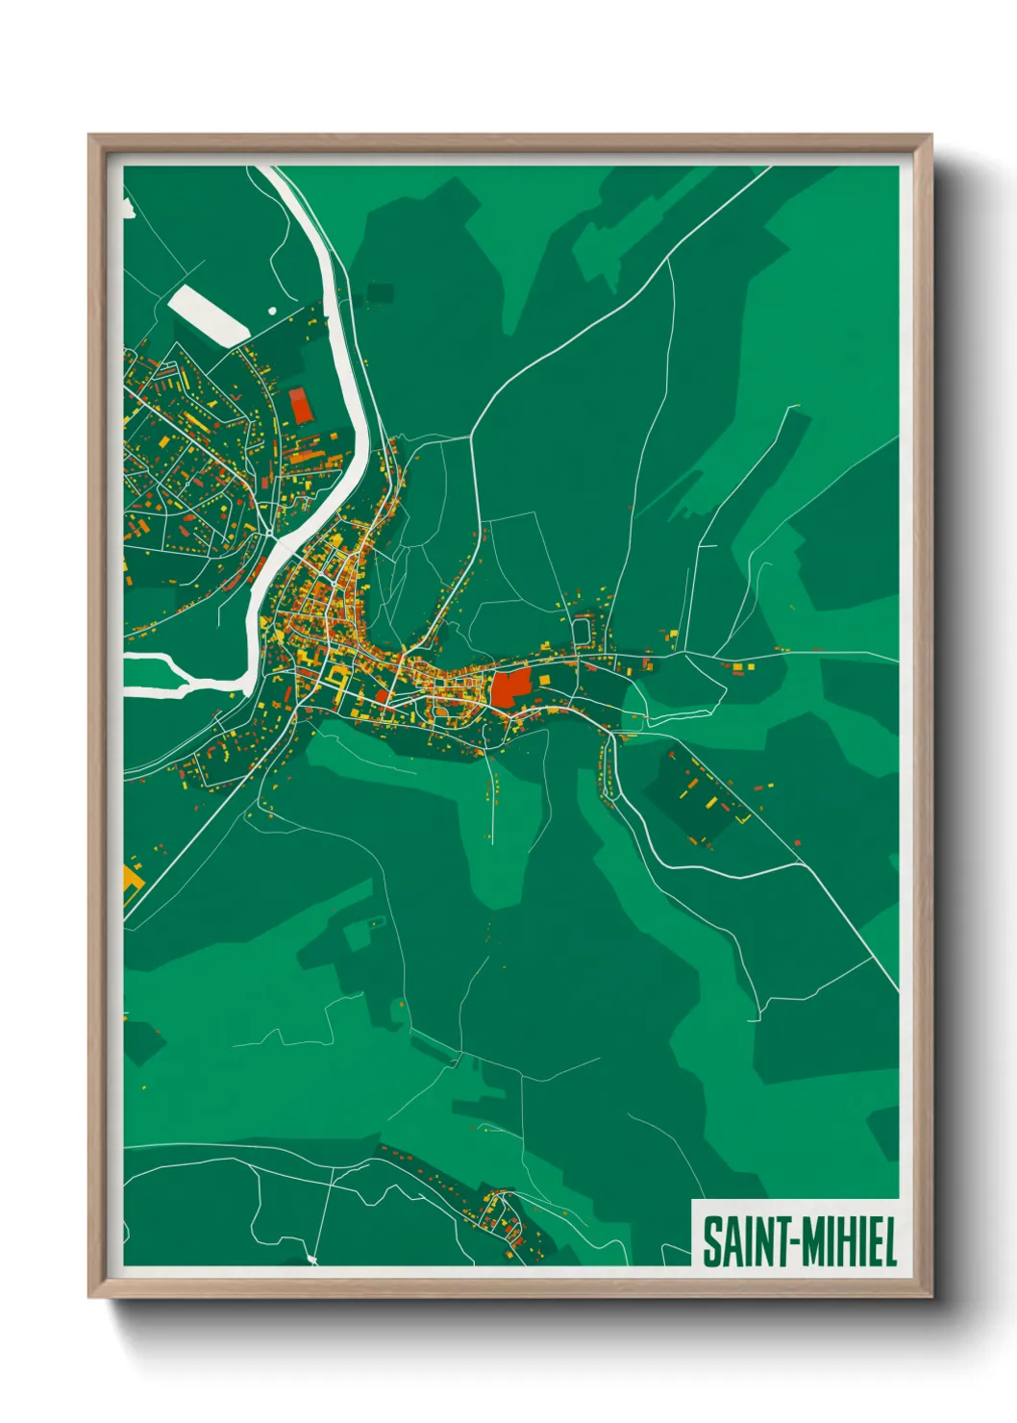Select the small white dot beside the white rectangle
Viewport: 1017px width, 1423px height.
point(272,312)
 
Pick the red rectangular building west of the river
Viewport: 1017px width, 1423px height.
point(302,406)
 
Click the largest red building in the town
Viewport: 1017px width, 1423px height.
point(511,688)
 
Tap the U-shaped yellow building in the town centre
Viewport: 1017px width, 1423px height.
point(336,678)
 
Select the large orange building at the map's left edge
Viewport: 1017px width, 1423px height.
point(131,878)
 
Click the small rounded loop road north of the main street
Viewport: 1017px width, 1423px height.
point(583,632)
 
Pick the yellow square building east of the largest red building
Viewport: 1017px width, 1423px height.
point(544,680)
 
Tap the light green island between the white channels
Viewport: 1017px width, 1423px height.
point(154,673)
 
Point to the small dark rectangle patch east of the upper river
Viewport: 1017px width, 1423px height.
point(381,291)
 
